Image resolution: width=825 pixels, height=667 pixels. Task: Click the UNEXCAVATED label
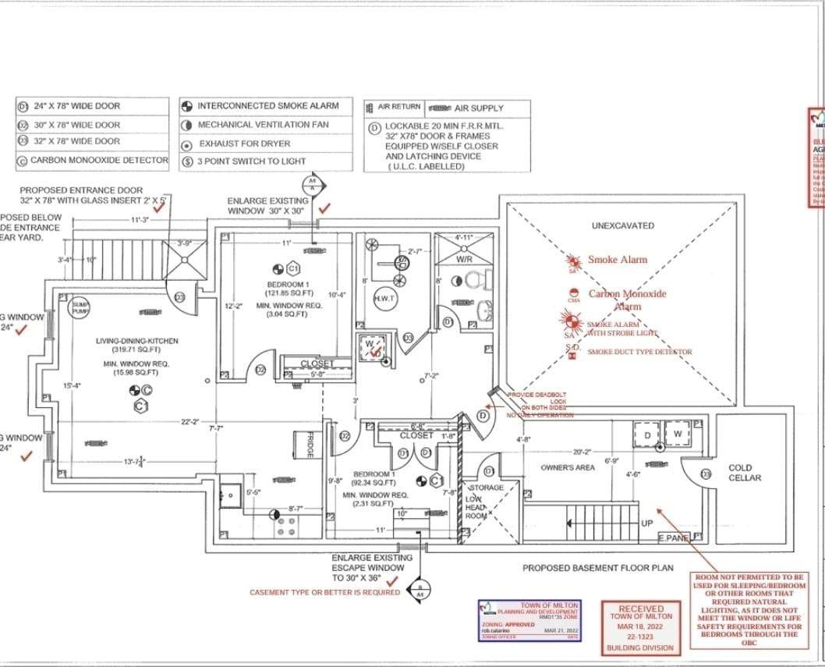(623, 225)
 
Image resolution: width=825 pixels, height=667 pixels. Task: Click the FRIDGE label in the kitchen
(310, 445)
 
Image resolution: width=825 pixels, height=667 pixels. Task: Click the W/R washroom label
(463, 258)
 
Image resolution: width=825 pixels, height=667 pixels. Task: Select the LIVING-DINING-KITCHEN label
(137, 341)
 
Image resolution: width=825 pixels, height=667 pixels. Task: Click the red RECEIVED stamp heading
(640, 608)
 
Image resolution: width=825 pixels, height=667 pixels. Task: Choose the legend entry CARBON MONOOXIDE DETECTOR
(99, 160)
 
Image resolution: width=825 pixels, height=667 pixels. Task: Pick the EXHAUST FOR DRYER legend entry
(244, 144)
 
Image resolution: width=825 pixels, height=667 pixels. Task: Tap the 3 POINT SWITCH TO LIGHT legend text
(251, 161)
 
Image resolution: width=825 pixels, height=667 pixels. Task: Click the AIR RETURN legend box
(400, 107)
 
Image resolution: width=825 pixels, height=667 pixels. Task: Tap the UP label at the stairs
(646, 523)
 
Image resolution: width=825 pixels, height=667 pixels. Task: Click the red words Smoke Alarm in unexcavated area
(617, 260)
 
